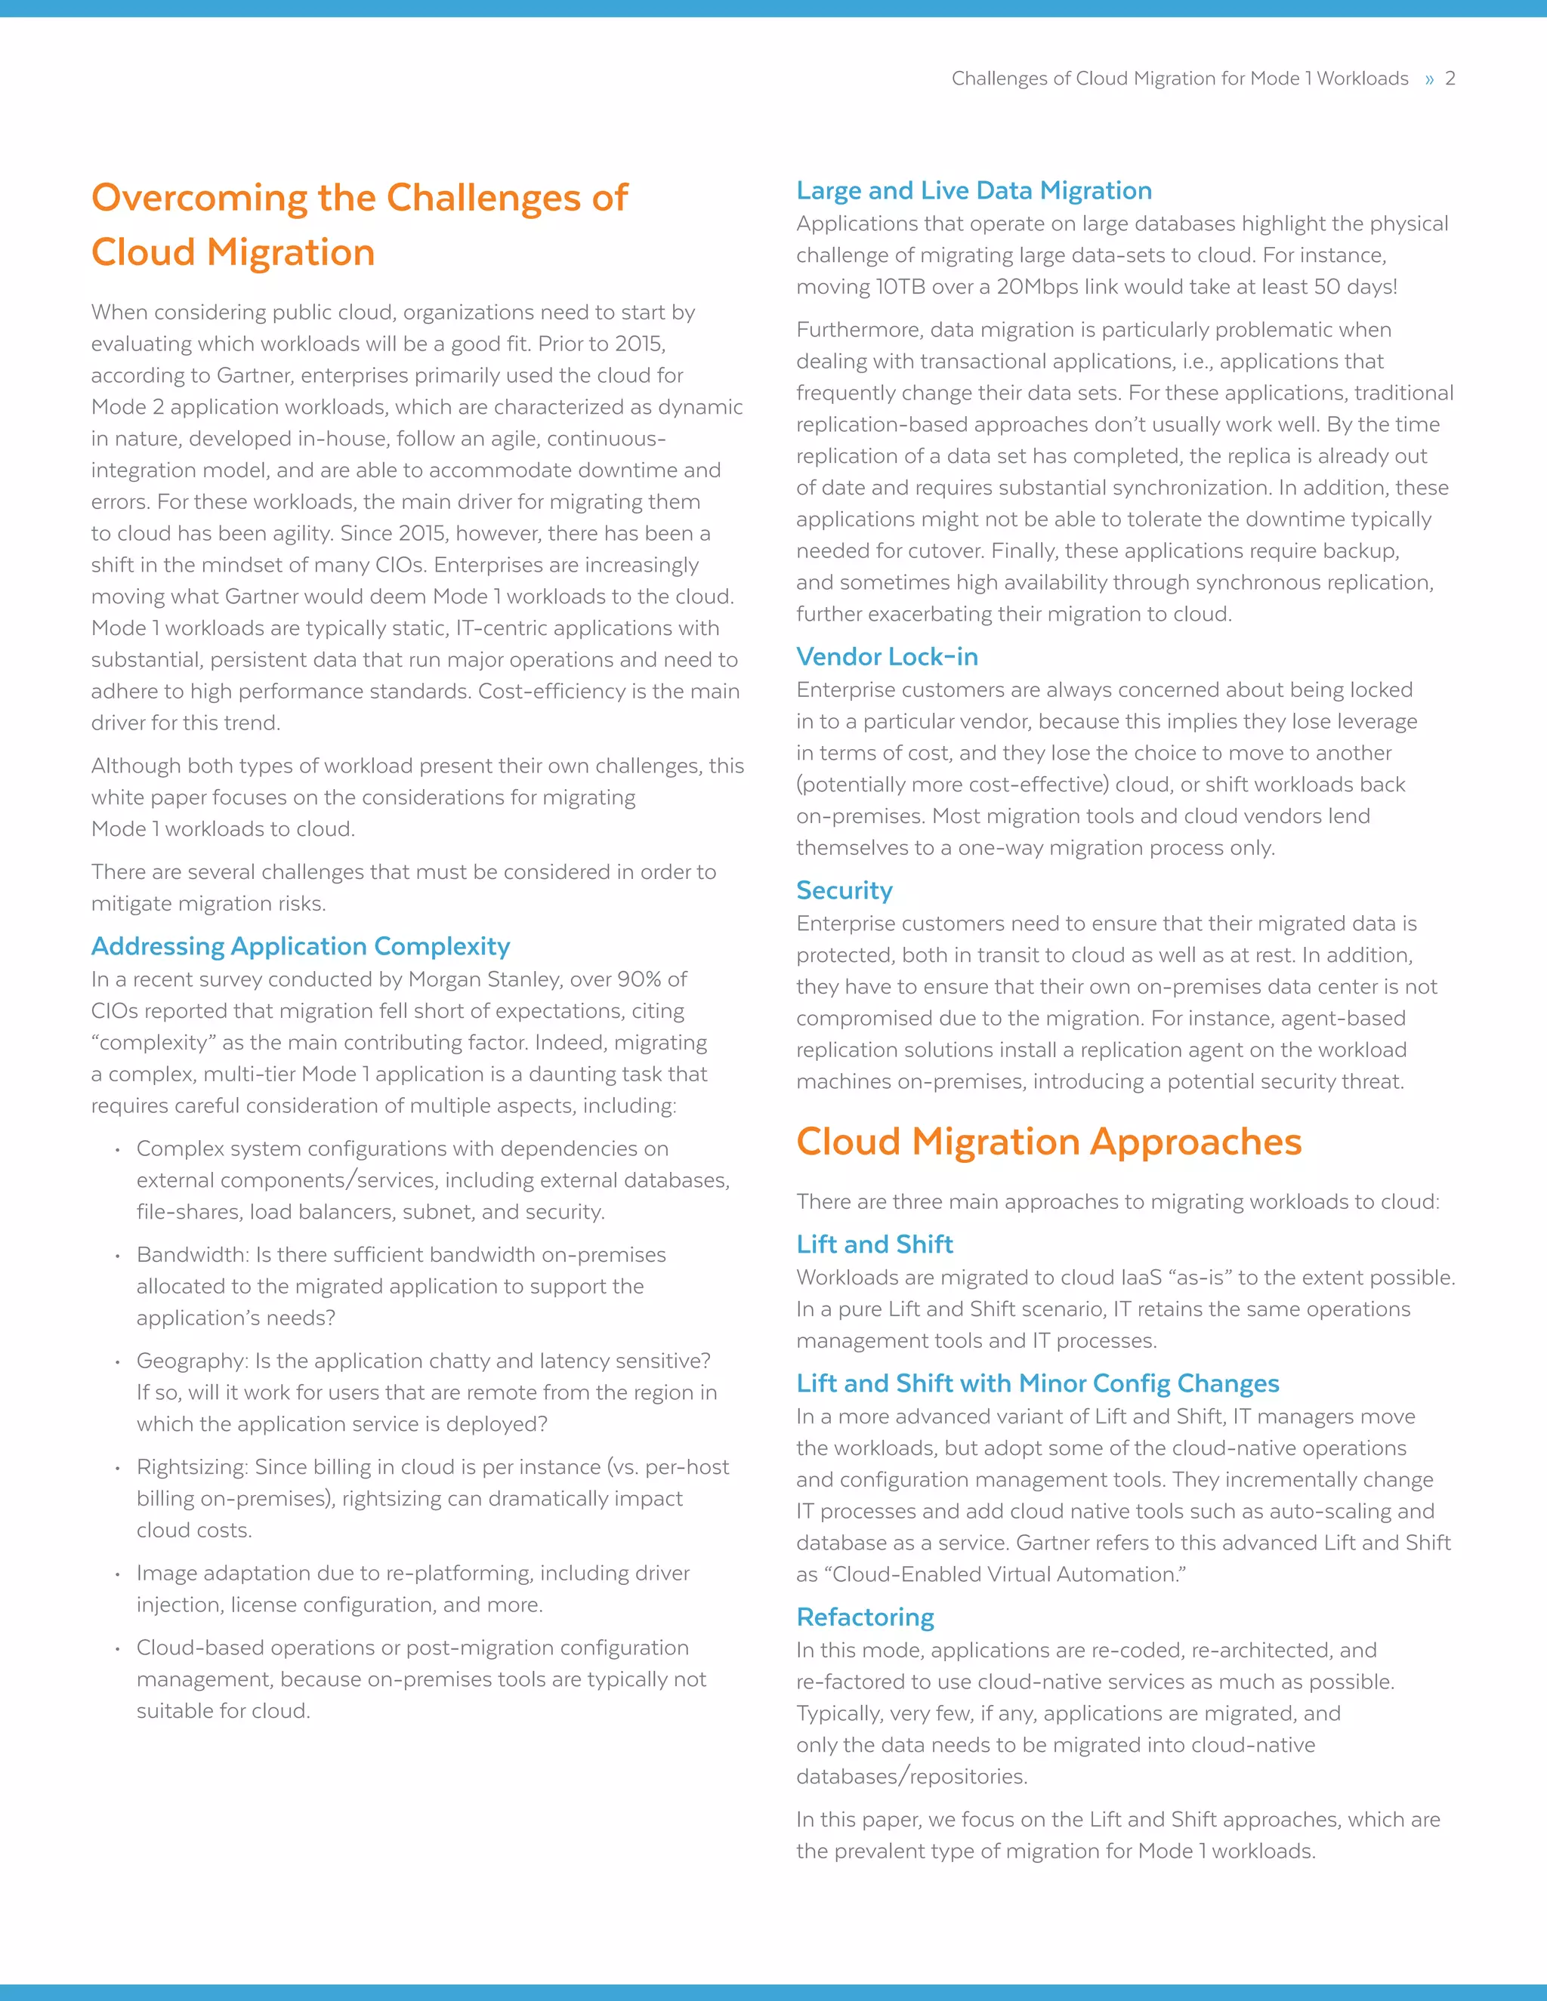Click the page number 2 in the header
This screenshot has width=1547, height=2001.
(1450, 79)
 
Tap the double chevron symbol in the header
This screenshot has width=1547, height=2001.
(1428, 80)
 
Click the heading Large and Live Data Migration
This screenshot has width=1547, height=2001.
(973, 190)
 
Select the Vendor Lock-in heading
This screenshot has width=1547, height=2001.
(886, 657)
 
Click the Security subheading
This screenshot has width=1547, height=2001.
(844, 890)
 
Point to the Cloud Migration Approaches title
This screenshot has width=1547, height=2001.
(1048, 1142)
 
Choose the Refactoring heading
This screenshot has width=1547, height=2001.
(865, 1617)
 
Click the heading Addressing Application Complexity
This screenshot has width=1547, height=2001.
(301, 946)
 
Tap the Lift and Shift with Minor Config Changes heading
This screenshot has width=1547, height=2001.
(1037, 1383)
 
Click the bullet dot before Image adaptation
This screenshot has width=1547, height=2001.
(117, 1575)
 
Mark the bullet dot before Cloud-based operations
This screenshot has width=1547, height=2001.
(117, 1649)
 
